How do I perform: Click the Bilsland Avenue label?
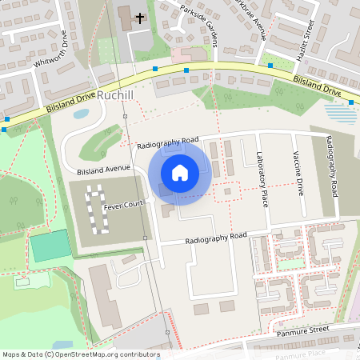pyautogui.click(x=103, y=170)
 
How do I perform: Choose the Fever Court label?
pyautogui.click(x=123, y=205)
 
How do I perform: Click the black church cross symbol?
pyautogui.click(x=141, y=17)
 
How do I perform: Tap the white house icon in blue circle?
pyautogui.click(x=180, y=173)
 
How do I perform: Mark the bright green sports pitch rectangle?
pyautogui.click(x=50, y=246)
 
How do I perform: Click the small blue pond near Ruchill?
pyautogui.click(x=81, y=114)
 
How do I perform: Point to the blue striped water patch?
pyautogui.click(x=342, y=114)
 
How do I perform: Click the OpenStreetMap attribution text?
pyautogui.click(x=81, y=354)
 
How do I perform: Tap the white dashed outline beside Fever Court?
pyautogui.click(x=95, y=210)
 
